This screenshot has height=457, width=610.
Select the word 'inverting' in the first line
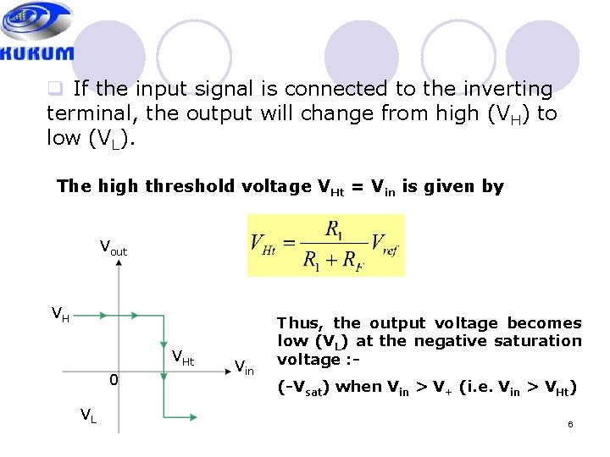(x=507, y=88)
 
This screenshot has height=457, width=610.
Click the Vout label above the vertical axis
(x=113, y=248)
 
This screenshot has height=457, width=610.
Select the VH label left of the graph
(x=60, y=315)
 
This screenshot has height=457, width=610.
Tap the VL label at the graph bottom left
(x=88, y=415)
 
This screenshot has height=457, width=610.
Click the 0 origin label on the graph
(x=113, y=381)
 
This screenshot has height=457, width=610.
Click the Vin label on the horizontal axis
(x=244, y=366)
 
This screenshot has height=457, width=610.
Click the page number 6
(x=570, y=423)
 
